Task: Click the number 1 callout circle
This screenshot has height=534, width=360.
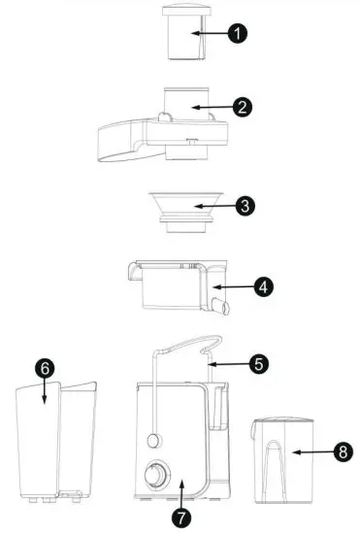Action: pos(236,33)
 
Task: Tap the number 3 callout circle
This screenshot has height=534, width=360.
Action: pos(245,206)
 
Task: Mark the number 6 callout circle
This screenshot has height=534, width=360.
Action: pos(44,370)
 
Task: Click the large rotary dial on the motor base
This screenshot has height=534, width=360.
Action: pos(153,477)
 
